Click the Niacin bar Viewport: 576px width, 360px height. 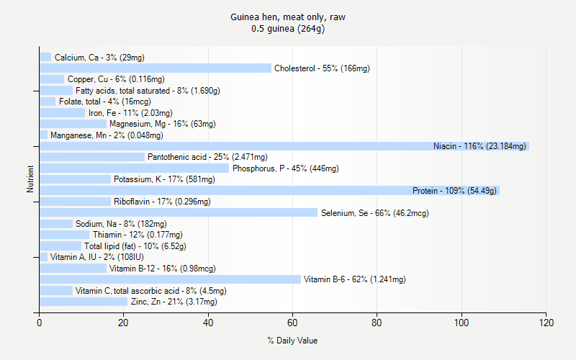coord(284,146)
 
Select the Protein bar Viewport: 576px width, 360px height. coord(269,191)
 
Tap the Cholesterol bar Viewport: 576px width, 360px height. coord(156,68)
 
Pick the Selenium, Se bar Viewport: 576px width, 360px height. coord(179,213)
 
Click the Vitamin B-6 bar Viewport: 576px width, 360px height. coord(170,279)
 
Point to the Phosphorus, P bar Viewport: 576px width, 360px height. coord(134,168)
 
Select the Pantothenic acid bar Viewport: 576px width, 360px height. coord(92,157)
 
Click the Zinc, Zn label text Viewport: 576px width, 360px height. coord(174,302)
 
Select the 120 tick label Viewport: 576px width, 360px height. coord(546,323)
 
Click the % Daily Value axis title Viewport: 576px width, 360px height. coord(292,341)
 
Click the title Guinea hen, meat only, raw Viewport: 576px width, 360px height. coord(292,17)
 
